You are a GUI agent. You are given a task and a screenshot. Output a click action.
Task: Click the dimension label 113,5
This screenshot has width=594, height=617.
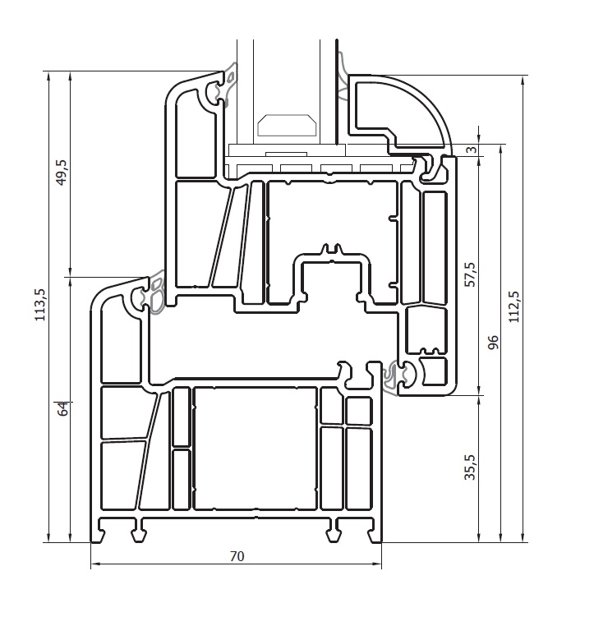[x=40, y=305]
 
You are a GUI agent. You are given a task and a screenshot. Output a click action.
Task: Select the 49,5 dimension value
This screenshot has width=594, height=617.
[x=62, y=173]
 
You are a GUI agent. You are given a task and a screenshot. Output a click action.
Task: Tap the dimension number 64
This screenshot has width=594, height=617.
[x=63, y=409]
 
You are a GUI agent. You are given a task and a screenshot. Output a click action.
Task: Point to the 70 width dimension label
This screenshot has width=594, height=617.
[x=237, y=556]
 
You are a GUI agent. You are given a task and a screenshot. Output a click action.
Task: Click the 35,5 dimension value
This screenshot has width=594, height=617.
[x=470, y=467]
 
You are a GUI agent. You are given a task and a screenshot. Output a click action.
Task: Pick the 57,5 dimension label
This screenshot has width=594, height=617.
[x=470, y=274]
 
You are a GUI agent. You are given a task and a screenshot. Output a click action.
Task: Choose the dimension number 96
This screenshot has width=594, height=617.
[x=492, y=342]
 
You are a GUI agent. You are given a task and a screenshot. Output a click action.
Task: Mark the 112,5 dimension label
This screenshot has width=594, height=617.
[x=513, y=307]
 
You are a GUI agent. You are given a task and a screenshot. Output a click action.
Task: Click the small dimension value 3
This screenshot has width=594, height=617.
[x=472, y=150]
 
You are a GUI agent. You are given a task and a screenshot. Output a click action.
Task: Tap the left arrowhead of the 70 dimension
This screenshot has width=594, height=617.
[x=94, y=564]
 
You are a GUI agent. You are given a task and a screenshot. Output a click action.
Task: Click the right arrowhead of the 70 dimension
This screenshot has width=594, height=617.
[x=378, y=564]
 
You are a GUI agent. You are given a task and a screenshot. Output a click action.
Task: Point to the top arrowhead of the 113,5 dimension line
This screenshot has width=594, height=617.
[x=48, y=76]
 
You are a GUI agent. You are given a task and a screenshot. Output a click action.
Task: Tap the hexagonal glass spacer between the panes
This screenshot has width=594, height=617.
[x=287, y=126]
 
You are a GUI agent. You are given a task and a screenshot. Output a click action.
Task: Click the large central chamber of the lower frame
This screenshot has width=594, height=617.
[x=256, y=449]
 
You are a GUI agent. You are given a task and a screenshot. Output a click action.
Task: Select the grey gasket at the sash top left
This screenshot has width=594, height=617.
[x=228, y=85]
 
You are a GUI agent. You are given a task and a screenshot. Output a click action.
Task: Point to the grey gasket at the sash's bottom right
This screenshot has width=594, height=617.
[x=391, y=377]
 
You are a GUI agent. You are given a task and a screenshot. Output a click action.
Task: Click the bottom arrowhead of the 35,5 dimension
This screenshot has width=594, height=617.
[x=479, y=538]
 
